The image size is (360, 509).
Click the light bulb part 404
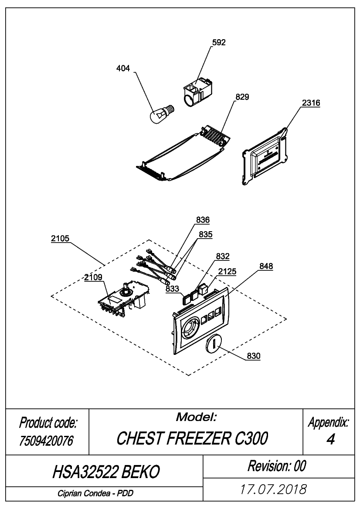click(x=162, y=114)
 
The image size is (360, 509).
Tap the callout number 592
click(x=219, y=43)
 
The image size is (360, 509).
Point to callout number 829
click(x=242, y=97)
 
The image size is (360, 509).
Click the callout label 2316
click(x=311, y=103)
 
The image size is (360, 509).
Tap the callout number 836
click(x=203, y=220)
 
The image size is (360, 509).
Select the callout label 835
click(x=206, y=234)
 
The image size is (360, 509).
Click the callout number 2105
click(x=60, y=239)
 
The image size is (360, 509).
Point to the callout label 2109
click(x=93, y=277)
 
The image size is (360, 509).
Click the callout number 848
click(x=266, y=266)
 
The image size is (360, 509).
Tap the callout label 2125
click(x=228, y=271)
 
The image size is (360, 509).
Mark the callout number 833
click(x=172, y=288)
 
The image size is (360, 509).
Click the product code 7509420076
click(x=46, y=441)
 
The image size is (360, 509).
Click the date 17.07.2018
click(x=273, y=489)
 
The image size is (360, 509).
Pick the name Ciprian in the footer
click(x=70, y=493)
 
